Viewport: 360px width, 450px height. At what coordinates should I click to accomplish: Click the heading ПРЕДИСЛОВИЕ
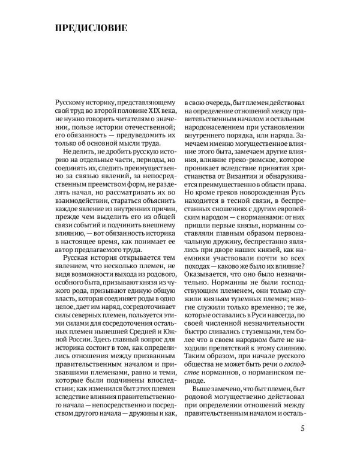point(91,28)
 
